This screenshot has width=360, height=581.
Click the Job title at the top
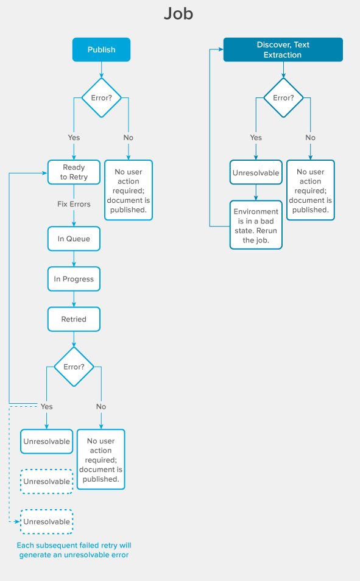(178, 14)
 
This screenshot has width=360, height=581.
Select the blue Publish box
(102, 49)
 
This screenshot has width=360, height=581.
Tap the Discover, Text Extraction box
(283, 49)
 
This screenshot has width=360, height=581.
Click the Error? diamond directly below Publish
(102, 97)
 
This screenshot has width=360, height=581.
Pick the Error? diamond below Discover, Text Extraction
(283, 97)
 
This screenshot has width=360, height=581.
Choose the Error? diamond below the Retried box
(74, 367)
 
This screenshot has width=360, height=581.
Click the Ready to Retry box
(74, 172)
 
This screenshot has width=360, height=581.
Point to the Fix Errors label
(74, 204)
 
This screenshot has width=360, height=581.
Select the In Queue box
(74, 239)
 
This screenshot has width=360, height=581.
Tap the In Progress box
(74, 279)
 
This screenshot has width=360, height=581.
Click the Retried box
(74, 319)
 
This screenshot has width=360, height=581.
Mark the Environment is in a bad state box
(256, 225)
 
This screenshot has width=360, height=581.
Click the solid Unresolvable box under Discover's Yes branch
(256, 173)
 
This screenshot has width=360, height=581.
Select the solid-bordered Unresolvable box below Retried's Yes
(46, 442)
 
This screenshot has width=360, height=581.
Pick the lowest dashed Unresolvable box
(46, 522)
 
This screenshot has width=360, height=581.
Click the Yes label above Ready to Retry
(74, 138)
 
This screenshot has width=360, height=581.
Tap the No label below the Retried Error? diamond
(101, 407)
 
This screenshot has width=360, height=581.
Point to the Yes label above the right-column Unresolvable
(256, 138)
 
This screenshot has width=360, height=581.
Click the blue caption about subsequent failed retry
(74, 550)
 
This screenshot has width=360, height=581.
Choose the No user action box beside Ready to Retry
(128, 190)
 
